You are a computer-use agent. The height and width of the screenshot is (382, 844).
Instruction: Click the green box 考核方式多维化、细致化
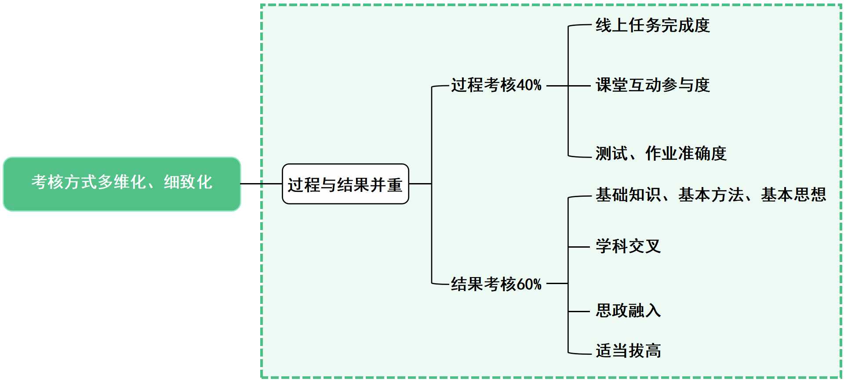tap(122, 184)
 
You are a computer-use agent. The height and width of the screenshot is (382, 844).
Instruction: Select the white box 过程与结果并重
tap(345, 184)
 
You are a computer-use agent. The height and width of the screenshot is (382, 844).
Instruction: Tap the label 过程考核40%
tap(496, 85)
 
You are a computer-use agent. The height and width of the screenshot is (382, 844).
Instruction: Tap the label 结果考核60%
tap(496, 284)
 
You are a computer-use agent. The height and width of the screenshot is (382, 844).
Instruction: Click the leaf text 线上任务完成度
tap(652, 25)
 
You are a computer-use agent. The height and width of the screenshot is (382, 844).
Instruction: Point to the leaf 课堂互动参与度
tap(652, 85)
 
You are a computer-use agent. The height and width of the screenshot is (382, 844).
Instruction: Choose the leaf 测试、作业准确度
tap(661, 154)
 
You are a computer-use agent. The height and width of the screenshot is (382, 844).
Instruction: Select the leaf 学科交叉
tap(628, 246)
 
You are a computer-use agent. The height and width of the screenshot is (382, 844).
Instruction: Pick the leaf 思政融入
tap(628, 310)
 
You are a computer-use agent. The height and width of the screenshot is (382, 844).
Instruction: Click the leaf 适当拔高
tap(628, 351)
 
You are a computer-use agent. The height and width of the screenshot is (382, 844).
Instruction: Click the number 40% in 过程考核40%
tap(529, 85)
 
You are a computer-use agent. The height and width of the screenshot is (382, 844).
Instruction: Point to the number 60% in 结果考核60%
tap(529, 284)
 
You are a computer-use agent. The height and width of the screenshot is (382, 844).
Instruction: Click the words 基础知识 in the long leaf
tap(628, 195)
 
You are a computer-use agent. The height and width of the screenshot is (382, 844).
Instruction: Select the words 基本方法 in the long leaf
tap(710, 195)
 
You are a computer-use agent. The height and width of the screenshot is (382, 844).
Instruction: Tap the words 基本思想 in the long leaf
tap(793, 195)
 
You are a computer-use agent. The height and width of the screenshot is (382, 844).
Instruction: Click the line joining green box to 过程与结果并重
tap(261, 184)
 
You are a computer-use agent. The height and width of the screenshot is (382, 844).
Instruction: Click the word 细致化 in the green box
tap(188, 182)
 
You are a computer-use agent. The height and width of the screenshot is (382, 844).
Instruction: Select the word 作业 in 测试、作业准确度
tap(661, 154)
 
